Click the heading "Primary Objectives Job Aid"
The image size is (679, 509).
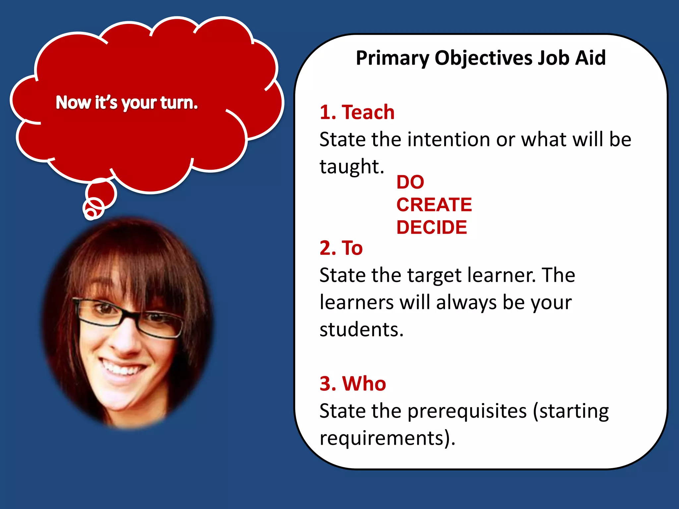(480, 58)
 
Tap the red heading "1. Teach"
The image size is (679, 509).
(357, 112)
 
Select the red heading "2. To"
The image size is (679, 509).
(341, 248)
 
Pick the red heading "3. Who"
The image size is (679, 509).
(353, 383)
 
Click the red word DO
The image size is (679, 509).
(410, 182)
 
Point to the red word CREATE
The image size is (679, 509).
(434, 204)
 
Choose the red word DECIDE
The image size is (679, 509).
(432, 227)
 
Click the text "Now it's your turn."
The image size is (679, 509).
(127, 102)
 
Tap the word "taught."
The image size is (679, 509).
(352, 166)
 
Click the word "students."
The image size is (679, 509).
(361, 329)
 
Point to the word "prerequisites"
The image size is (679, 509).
(467, 411)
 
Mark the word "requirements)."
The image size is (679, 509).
(387, 438)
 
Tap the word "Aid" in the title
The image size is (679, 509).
(590, 58)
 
